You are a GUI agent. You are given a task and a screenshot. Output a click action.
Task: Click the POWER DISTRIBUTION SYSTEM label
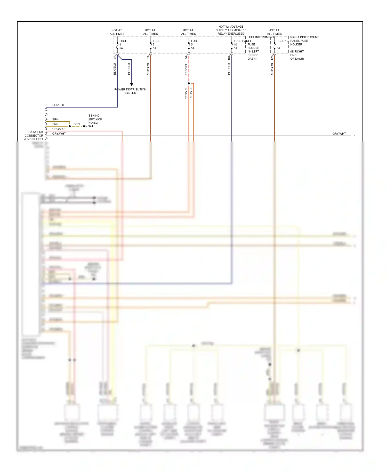130,91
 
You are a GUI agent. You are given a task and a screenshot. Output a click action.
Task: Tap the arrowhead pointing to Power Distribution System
132,84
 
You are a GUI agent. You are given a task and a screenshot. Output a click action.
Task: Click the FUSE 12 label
282,41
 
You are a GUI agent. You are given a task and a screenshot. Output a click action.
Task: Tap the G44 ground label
90,126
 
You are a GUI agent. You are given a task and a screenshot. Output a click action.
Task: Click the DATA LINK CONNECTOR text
34,136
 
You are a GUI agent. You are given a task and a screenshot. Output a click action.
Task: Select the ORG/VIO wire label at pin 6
58,129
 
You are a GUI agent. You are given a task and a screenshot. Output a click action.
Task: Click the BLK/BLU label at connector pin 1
58,105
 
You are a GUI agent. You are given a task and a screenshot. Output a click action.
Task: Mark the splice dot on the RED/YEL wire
189,83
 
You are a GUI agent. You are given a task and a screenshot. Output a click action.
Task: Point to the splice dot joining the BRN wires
70,126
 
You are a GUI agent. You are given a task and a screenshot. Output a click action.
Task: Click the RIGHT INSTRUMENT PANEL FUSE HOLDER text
304,41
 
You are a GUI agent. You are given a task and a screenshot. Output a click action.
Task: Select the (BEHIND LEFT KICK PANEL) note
95,119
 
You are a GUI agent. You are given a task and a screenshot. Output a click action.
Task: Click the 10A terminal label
229,58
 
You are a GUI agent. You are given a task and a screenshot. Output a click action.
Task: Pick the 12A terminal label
272,58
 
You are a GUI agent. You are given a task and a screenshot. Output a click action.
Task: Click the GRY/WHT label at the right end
339,134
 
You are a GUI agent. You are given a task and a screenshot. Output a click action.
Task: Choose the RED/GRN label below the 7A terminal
148,70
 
